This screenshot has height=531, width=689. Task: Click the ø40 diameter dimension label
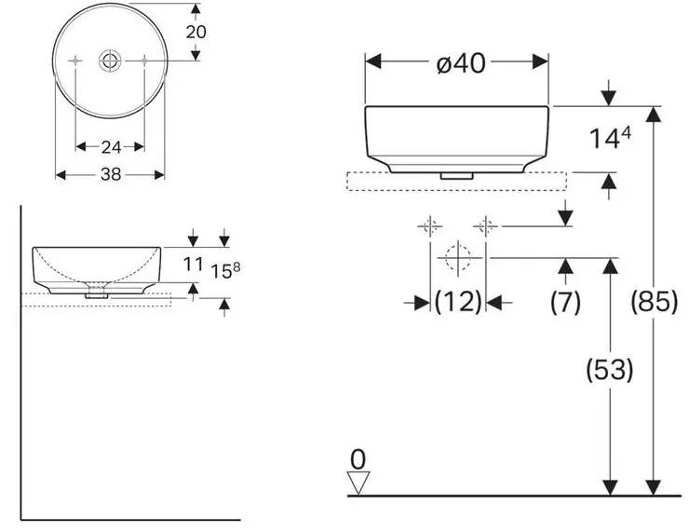[x=461, y=63]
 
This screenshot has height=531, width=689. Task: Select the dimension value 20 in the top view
[x=196, y=32]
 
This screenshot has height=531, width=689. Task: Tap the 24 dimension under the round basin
[x=111, y=147]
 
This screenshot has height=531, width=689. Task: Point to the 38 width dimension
[x=111, y=174]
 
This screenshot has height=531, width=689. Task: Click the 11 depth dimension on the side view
[x=193, y=265]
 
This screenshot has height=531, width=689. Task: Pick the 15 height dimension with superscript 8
[x=225, y=270]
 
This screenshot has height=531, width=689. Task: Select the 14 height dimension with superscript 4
[x=610, y=138]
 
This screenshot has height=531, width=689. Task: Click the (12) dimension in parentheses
[x=458, y=302]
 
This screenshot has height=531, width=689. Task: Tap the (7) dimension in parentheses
[x=565, y=302]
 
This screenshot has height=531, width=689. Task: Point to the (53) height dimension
[x=610, y=369]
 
